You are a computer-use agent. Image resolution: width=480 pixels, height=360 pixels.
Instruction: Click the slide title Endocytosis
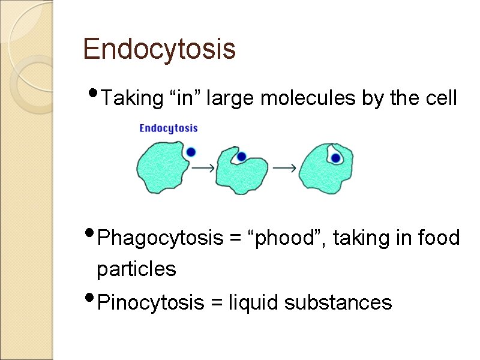(159, 49)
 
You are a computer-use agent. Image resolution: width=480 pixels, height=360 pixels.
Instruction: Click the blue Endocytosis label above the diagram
(169, 128)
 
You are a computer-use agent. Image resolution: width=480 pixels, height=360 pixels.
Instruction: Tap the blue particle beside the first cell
(191, 152)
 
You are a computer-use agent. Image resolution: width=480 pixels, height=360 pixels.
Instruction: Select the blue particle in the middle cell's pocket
(241, 157)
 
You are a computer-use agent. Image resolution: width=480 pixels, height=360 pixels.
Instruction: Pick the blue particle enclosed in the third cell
(336, 158)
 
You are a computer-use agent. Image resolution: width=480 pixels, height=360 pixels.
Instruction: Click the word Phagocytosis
(160, 239)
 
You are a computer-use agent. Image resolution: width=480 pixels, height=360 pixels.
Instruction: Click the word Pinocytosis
(151, 303)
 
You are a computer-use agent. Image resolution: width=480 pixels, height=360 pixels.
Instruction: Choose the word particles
(136, 269)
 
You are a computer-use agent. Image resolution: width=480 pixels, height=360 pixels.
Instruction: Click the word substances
(338, 303)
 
